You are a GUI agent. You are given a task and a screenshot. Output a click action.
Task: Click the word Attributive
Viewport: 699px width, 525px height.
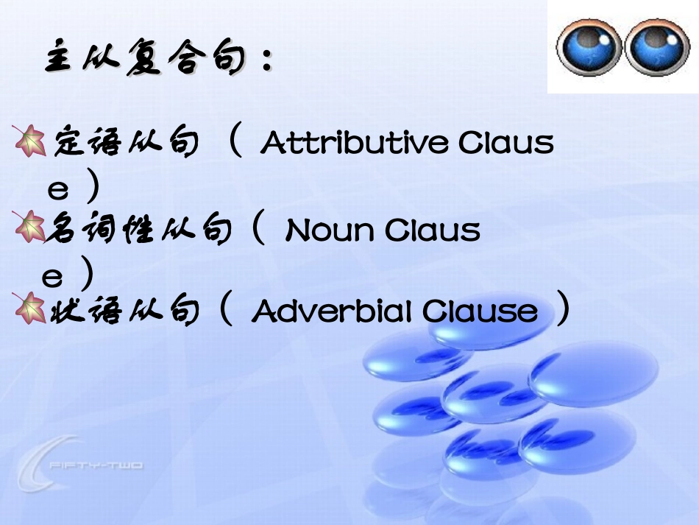[354, 143]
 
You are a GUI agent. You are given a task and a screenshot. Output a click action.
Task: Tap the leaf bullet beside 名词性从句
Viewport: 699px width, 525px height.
[29, 228]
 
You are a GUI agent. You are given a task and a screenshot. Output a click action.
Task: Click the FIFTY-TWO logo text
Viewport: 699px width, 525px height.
[96, 465]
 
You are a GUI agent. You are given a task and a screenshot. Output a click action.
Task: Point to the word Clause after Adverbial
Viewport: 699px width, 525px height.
[480, 312]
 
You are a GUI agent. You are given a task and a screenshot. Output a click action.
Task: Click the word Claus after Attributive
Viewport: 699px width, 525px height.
[506, 143]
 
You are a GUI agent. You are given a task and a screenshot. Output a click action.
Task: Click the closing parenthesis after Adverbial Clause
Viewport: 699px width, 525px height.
[563, 311]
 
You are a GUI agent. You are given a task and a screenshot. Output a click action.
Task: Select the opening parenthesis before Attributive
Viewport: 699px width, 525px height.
[235, 141]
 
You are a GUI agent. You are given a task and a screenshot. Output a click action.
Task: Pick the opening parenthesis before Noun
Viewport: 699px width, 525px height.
[257, 230]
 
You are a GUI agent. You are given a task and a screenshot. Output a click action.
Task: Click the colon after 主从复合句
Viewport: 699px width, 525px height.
[266, 63]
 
